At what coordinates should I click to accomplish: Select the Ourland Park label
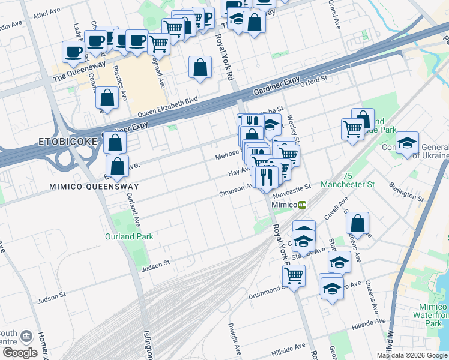click(129, 236)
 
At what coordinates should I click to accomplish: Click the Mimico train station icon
click(303, 205)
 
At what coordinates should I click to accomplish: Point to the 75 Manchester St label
click(348, 180)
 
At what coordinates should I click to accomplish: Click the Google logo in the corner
click(20, 352)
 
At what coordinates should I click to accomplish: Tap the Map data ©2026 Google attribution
click(412, 355)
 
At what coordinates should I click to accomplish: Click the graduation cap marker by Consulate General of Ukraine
click(407, 142)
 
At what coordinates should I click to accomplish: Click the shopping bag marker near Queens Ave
click(357, 224)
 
